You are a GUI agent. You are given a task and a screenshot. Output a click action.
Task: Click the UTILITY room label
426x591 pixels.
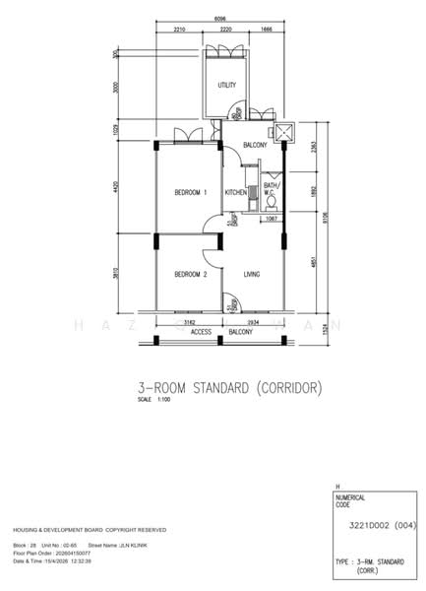tap(226, 86)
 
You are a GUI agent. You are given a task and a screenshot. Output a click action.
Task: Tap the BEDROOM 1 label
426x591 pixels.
tap(190, 192)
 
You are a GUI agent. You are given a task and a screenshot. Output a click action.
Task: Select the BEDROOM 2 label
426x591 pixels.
tap(190, 275)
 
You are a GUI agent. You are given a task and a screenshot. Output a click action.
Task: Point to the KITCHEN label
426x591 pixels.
tap(235, 192)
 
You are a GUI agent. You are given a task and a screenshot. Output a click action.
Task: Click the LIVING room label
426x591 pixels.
tap(251, 275)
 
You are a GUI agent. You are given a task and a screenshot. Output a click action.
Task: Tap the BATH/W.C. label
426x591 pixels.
tap(271, 188)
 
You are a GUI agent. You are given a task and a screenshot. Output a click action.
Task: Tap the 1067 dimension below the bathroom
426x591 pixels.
tap(272, 219)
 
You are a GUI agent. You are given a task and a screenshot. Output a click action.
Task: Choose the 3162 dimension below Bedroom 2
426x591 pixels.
tap(190, 321)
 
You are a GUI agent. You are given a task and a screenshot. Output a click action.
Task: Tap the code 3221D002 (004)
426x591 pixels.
tap(378, 526)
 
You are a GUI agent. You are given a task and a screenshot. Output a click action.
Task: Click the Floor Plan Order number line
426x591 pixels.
tap(65, 554)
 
